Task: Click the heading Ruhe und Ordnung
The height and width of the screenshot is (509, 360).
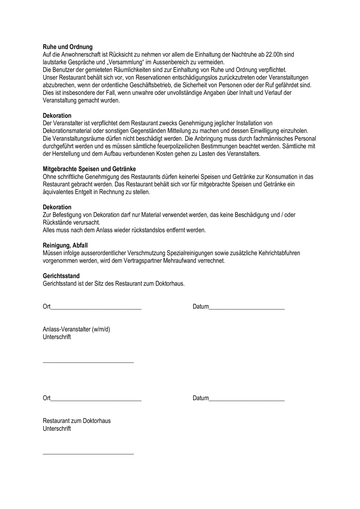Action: [x=67, y=47]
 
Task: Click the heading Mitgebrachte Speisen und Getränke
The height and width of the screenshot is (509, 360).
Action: [x=89, y=169]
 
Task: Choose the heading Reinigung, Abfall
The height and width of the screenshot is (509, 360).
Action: [x=65, y=245]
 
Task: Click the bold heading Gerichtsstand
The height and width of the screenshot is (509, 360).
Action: [x=61, y=276]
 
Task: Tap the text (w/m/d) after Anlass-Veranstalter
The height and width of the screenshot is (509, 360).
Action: [x=101, y=329]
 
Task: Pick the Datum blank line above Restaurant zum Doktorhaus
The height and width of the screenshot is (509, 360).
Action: [x=247, y=400]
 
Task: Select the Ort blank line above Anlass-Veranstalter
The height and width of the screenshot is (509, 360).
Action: [x=96, y=309]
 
